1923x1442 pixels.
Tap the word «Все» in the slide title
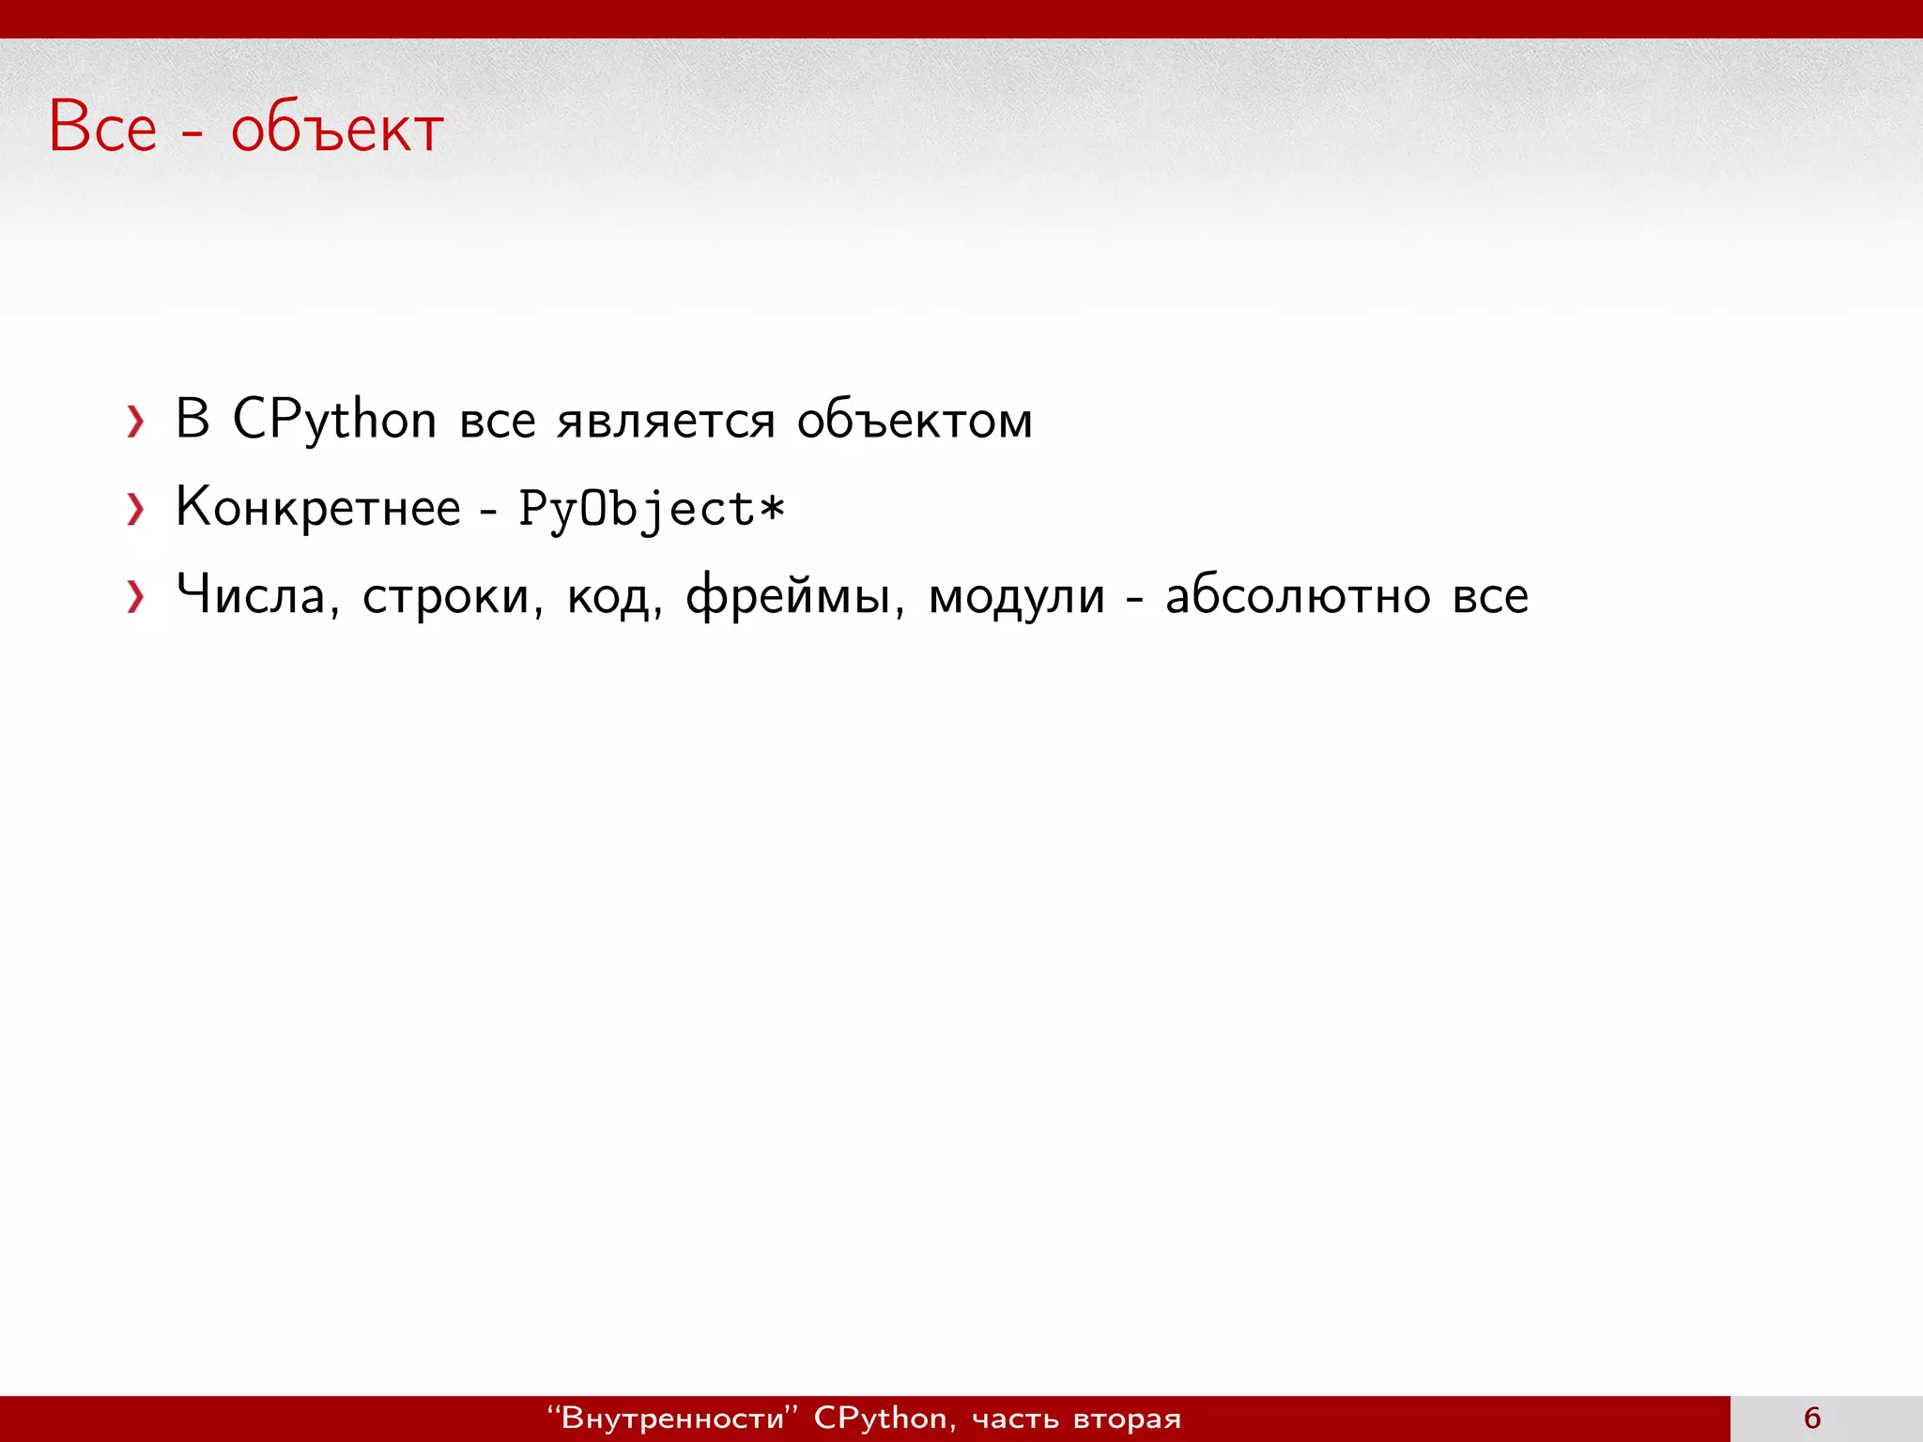coord(102,128)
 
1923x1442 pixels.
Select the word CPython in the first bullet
coord(334,420)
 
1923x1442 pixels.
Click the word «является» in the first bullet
coord(666,422)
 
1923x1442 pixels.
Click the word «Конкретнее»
coord(318,508)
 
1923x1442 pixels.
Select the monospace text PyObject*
coord(652,510)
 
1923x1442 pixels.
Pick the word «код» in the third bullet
coord(611,597)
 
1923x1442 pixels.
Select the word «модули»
coord(1016,598)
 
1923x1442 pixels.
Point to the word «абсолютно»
coord(1298,596)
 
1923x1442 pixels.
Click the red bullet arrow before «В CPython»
coord(136,422)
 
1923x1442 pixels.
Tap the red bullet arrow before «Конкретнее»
coord(136,510)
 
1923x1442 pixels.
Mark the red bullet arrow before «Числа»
coord(136,597)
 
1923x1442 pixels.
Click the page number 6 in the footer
coord(1812,1418)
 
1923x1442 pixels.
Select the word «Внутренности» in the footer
coord(671,1418)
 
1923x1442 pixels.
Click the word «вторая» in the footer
coord(1127,1419)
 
